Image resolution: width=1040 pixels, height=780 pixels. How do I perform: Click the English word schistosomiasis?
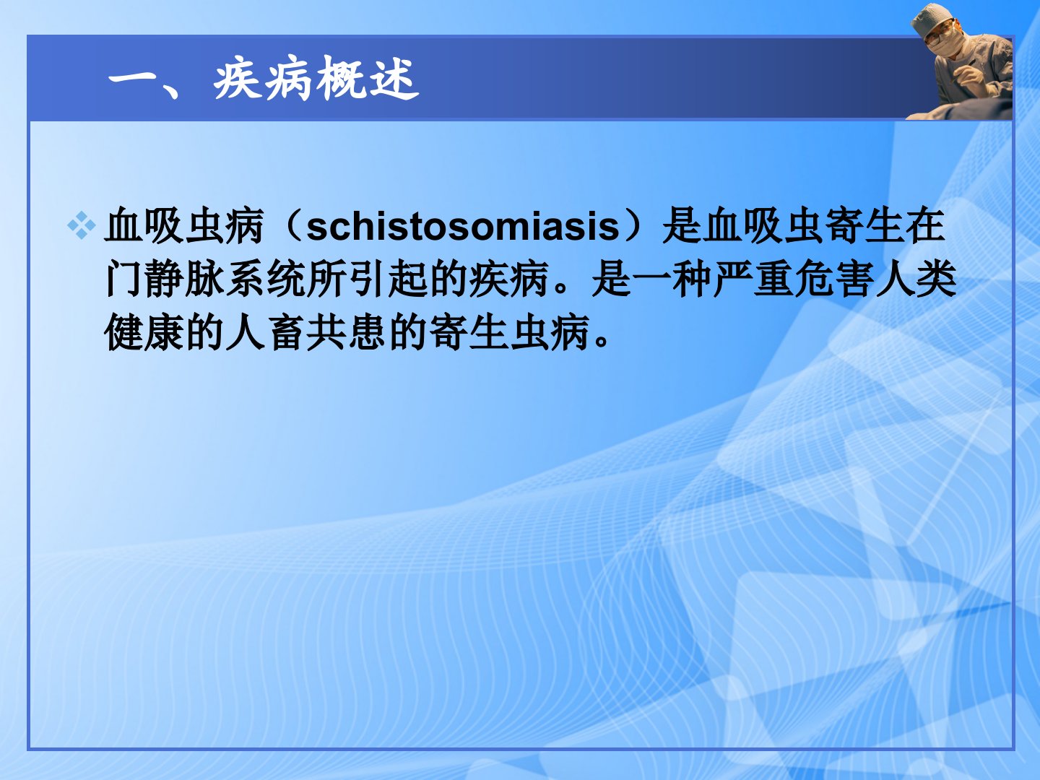click(463, 227)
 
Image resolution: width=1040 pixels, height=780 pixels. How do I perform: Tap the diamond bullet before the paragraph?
click(81, 225)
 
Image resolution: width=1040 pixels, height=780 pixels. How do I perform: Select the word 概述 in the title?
click(368, 78)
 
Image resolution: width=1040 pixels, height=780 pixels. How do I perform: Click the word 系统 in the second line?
click(266, 279)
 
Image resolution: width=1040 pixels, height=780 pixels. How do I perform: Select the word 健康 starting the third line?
click(144, 332)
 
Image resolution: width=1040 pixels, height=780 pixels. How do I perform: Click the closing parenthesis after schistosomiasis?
click(634, 226)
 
